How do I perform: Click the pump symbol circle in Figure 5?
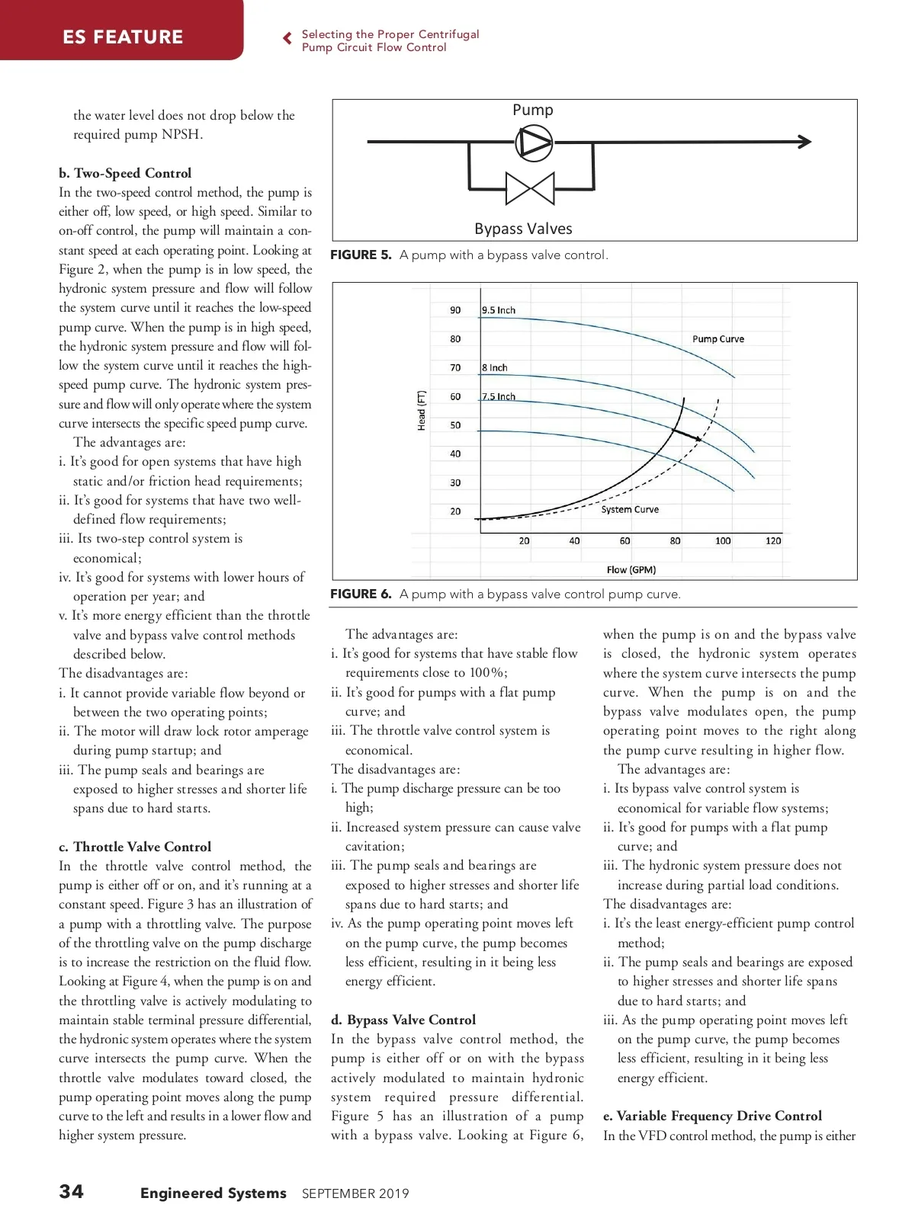(x=534, y=142)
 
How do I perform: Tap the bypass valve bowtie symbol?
(x=530, y=188)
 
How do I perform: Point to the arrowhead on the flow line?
(x=804, y=141)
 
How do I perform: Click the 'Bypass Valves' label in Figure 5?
(x=523, y=229)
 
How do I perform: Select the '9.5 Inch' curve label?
(x=499, y=310)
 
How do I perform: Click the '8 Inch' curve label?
(x=495, y=367)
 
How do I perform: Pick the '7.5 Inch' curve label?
(x=499, y=396)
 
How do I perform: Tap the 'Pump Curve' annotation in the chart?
(x=718, y=339)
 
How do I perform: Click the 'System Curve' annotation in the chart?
(x=630, y=509)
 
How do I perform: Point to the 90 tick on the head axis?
(x=455, y=310)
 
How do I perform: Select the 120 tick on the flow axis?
(x=773, y=540)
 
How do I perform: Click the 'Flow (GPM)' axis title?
(x=631, y=569)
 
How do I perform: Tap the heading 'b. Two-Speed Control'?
(x=125, y=173)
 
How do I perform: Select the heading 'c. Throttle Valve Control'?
(x=135, y=847)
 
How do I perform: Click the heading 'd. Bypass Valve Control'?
(x=403, y=1020)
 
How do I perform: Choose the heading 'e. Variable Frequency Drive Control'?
(x=712, y=1116)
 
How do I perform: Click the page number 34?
(x=72, y=1192)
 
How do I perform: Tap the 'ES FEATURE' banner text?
(x=123, y=37)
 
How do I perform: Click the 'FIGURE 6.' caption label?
(x=361, y=594)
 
